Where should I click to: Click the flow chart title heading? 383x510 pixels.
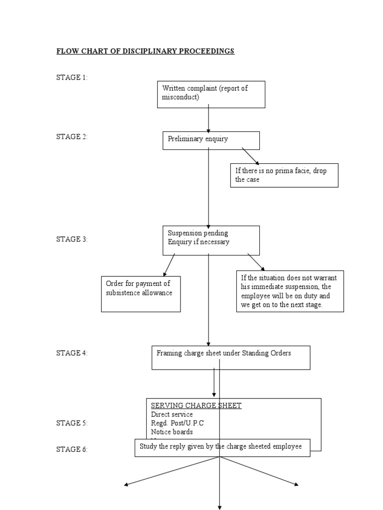click(x=145, y=51)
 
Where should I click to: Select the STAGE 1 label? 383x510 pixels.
click(x=72, y=77)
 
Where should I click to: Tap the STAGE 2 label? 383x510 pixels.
click(x=72, y=137)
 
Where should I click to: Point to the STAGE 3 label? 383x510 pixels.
click(x=72, y=239)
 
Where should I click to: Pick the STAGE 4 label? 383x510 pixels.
click(x=72, y=353)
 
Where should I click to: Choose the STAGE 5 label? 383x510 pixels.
click(x=72, y=423)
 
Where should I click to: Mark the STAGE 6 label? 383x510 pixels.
click(x=72, y=449)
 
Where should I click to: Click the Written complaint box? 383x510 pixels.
click(x=211, y=94)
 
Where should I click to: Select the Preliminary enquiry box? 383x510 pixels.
click(x=211, y=140)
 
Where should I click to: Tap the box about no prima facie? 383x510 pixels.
click(x=284, y=175)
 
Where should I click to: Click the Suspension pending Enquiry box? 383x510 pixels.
click(x=211, y=240)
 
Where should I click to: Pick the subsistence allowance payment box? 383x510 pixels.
click(x=141, y=294)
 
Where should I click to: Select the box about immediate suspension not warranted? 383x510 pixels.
click(x=290, y=291)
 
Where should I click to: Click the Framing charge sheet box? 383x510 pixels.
click(x=230, y=358)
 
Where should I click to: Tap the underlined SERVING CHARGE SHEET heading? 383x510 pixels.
click(x=196, y=405)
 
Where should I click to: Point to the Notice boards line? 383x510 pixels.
click(x=172, y=432)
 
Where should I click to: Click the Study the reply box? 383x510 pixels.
click(x=222, y=447)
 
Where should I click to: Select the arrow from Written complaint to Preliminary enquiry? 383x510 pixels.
click(x=208, y=120)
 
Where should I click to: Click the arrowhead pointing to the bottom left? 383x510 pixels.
click(x=127, y=484)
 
